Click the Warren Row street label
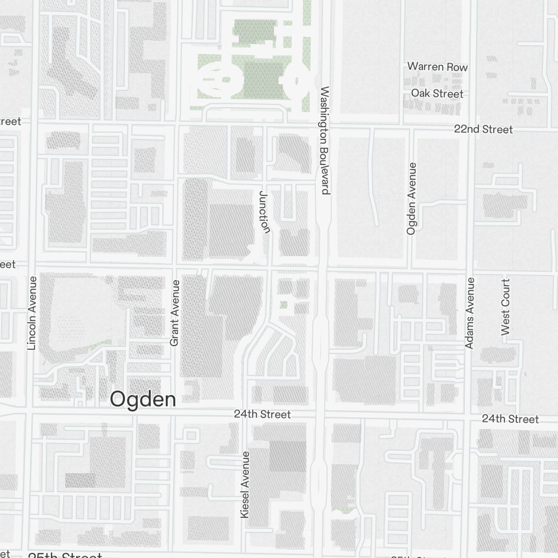point(437,66)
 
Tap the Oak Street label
point(437,93)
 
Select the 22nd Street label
point(483,129)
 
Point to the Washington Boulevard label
point(326,140)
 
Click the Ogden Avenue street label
point(412,198)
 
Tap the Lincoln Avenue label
point(31,313)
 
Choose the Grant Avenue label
point(174,313)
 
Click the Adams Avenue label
point(469,313)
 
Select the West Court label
point(506,307)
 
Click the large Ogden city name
point(143,399)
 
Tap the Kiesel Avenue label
point(245,484)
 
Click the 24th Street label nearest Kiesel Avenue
point(262,414)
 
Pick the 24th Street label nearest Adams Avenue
point(511,419)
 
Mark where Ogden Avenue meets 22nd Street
point(412,129)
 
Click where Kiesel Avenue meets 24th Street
point(245,414)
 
